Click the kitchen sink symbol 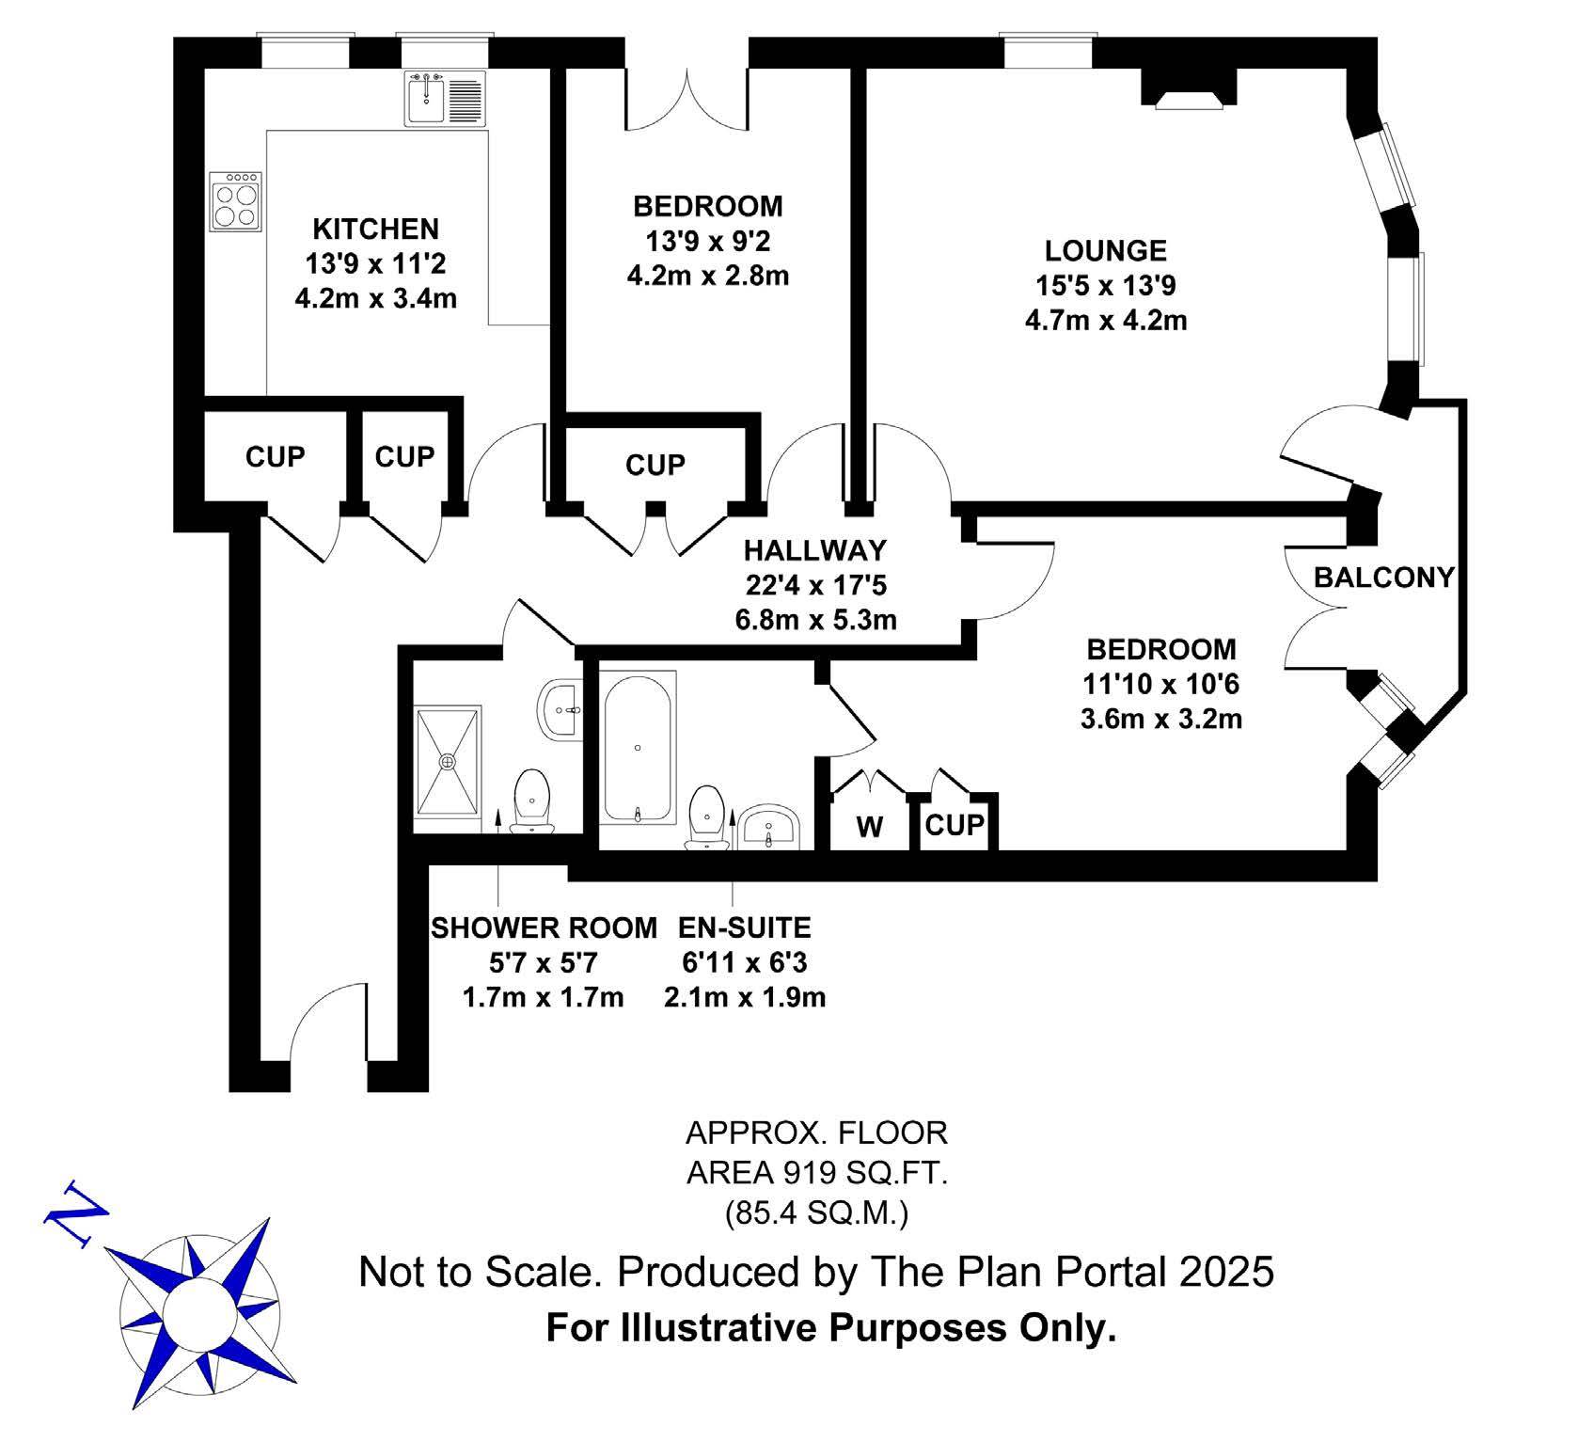(x=446, y=99)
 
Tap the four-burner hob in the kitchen (x=235, y=201)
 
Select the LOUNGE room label (x=1106, y=251)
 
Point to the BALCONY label (x=1383, y=577)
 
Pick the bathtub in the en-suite (x=638, y=748)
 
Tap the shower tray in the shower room (x=448, y=759)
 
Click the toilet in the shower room (x=532, y=801)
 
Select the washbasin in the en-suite (x=769, y=826)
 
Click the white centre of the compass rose (x=199, y=1312)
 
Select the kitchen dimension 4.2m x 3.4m (x=376, y=299)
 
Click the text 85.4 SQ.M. (x=815, y=1214)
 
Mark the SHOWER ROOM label (x=544, y=928)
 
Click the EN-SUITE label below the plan (x=745, y=928)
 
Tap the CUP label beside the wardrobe (x=955, y=825)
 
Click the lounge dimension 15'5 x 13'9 (x=1106, y=285)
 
